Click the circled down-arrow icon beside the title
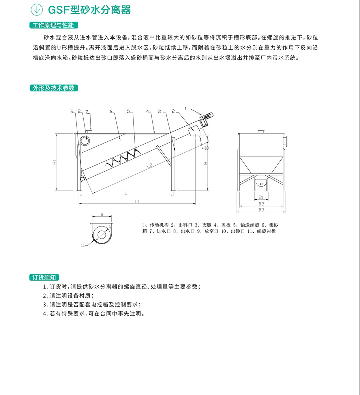[x=37, y=10]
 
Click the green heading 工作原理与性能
[x=54, y=25]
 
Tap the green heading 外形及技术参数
[x=54, y=88]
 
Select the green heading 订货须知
[x=44, y=278]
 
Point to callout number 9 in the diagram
[x=72, y=111]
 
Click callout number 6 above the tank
[x=111, y=111]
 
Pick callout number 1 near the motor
[x=185, y=108]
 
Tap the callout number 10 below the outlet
[x=206, y=148]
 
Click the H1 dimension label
[x=55, y=162]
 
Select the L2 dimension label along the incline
[x=150, y=165]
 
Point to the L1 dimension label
[x=137, y=201]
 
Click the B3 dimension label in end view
[x=261, y=210]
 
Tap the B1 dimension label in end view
[x=261, y=197]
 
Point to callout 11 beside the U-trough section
[x=83, y=245]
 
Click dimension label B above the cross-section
[x=102, y=214]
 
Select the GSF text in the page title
[x=59, y=10]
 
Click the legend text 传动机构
[x=159, y=225]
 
